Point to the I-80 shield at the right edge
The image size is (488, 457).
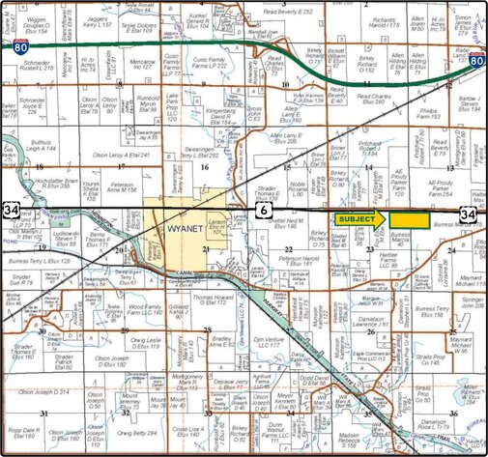476,62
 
